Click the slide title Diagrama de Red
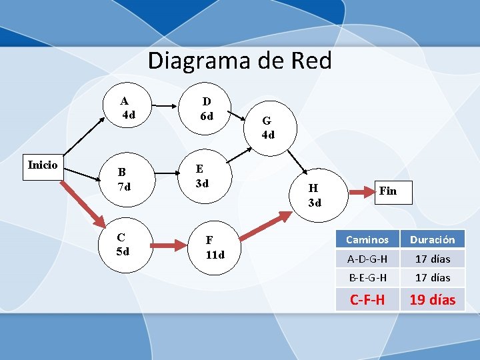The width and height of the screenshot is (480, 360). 239,61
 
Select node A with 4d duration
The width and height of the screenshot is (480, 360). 127,108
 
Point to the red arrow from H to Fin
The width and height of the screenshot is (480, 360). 362,193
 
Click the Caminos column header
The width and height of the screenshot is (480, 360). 367,239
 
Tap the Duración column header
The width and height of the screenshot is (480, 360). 432,239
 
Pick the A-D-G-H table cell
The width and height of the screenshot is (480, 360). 367,259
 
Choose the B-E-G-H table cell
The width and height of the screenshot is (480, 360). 367,277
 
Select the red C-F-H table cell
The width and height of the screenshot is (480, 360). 367,299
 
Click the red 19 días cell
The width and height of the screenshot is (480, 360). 432,299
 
